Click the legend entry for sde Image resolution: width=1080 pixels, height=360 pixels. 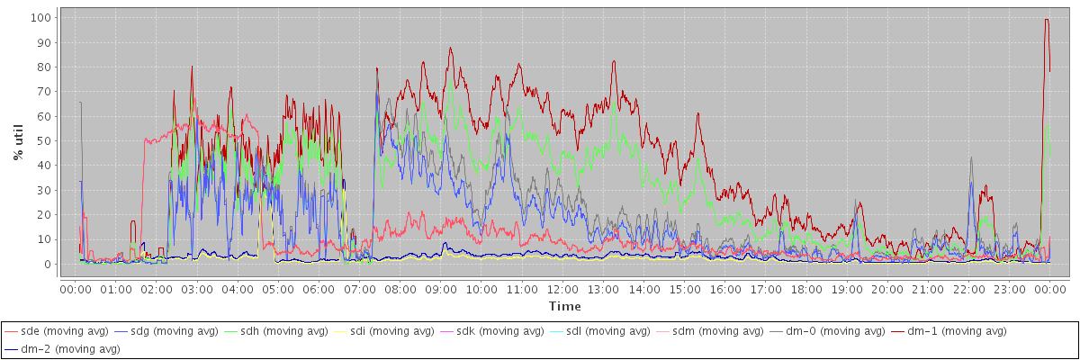pos(57,331)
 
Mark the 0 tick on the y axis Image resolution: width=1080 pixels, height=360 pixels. pos(47,265)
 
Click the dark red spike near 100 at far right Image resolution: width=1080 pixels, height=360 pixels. pos(1047,20)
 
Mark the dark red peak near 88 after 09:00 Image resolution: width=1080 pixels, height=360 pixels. pos(450,48)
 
